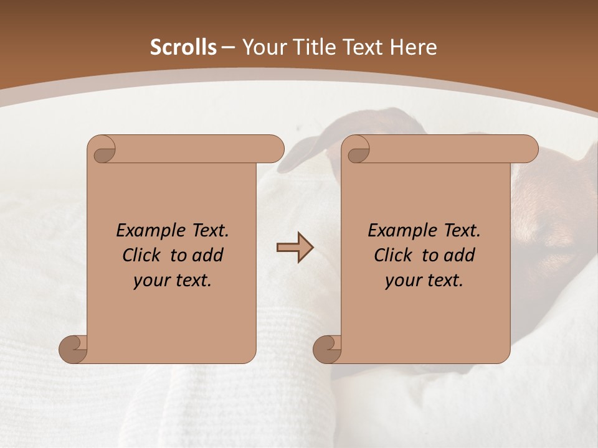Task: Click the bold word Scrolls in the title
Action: pyautogui.click(x=184, y=47)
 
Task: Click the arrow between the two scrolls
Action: pyautogui.click(x=295, y=248)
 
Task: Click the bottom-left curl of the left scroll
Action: pyautogui.click(x=74, y=349)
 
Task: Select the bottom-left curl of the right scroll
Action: pyautogui.click(x=328, y=349)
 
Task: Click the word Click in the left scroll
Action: pyautogui.click(x=143, y=255)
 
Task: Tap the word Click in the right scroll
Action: pyautogui.click(x=394, y=255)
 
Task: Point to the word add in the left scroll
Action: pyautogui.click(x=209, y=255)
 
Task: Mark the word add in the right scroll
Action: pyautogui.click(x=460, y=255)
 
